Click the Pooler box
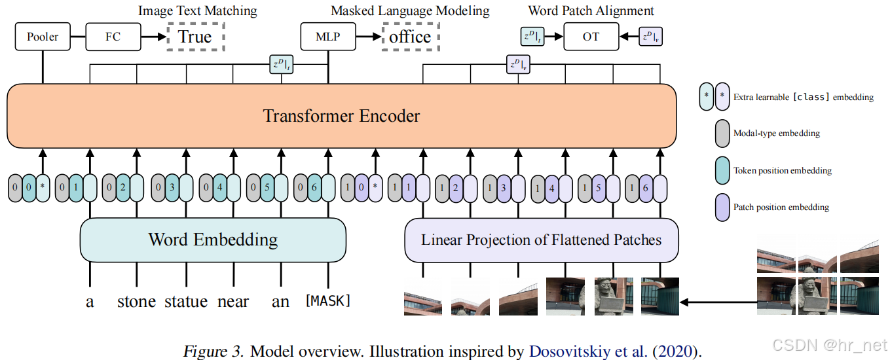(x=43, y=37)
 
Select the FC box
(x=113, y=37)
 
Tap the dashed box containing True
(x=195, y=37)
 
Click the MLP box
(x=328, y=37)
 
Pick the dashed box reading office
(x=410, y=37)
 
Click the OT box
(x=591, y=37)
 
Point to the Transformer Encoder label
(x=341, y=117)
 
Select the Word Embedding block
(x=213, y=240)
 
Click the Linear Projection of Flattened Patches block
(x=541, y=240)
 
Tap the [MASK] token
(x=328, y=301)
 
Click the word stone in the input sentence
(x=136, y=301)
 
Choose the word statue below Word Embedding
(x=185, y=301)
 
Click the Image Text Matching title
(x=198, y=10)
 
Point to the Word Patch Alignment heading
(x=591, y=10)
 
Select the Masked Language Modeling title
(x=410, y=10)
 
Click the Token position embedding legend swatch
(x=723, y=170)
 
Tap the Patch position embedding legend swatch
(x=723, y=207)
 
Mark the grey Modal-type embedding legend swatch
(x=723, y=133)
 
